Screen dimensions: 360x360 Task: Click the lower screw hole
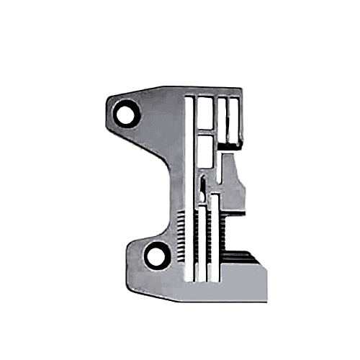(x=155, y=253)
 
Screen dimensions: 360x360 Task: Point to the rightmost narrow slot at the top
(x=233, y=119)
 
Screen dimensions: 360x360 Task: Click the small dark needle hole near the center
(x=204, y=187)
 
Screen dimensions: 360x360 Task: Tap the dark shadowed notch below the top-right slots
(x=232, y=145)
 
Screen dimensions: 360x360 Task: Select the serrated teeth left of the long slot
(x=179, y=238)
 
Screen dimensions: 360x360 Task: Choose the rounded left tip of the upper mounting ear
(x=109, y=115)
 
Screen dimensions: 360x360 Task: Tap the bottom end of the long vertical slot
(x=189, y=277)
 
